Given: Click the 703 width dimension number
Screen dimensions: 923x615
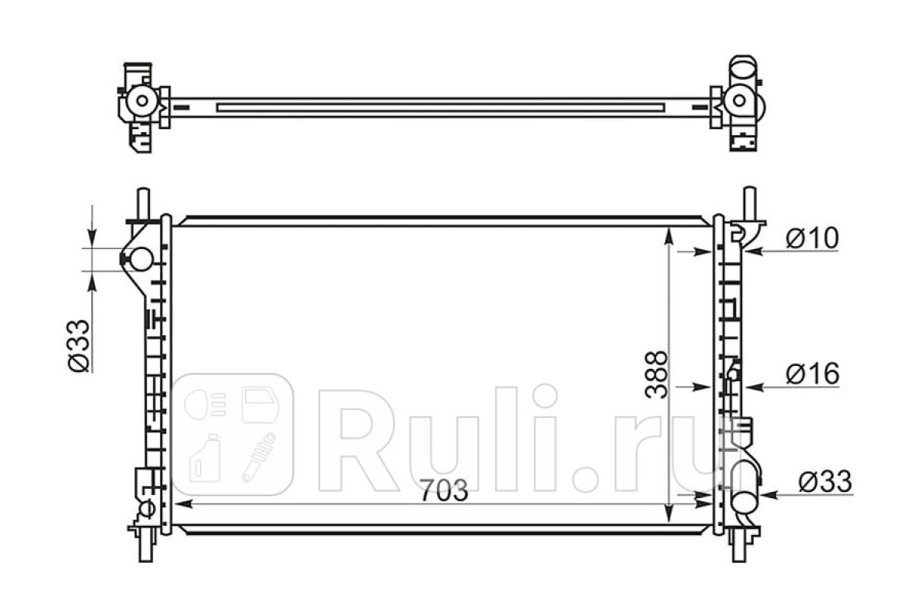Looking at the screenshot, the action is pos(444,490).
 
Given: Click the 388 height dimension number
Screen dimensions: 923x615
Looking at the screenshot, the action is pos(656,374).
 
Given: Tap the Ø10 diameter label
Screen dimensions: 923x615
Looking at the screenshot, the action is pos(812,238).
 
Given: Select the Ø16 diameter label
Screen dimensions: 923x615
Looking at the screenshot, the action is pos(812,374).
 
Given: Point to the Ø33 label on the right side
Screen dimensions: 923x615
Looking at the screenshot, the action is pos(825,481).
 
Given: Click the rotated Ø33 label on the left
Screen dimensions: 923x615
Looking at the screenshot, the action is pos(78,345).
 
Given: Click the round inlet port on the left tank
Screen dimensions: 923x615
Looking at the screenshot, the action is pos(142,259).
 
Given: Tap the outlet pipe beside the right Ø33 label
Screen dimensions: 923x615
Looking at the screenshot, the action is pos(746,497).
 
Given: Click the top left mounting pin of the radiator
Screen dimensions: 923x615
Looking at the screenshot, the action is pos(145,204).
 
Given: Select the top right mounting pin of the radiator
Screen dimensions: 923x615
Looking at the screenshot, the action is pos(749,204).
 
